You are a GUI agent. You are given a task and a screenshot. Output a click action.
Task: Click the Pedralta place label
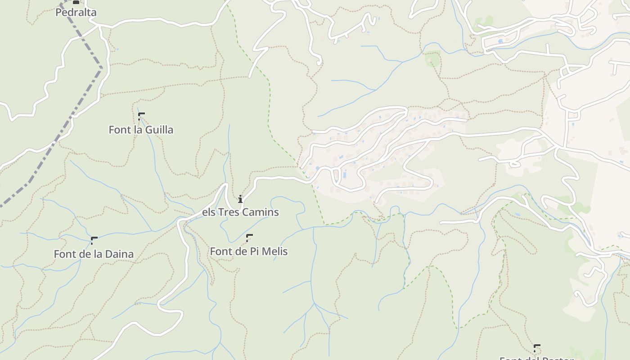[x=76, y=13]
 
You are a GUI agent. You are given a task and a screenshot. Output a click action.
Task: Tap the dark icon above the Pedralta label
[x=76, y=2]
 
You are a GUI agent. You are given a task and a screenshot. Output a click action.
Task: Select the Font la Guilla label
[x=141, y=130]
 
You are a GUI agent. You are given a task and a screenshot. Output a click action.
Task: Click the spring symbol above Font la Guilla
[x=141, y=116]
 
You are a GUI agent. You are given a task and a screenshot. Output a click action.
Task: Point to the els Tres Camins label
[x=240, y=212]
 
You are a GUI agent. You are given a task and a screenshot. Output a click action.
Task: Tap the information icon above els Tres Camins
[x=240, y=199]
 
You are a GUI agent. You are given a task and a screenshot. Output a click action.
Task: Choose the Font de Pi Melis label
[x=248, y=251]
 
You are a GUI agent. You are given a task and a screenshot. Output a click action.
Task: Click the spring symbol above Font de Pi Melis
[x=249, y=237]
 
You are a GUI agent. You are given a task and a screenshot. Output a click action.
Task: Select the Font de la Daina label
[x=94, y=254]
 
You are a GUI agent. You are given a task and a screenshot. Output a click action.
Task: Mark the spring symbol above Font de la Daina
[x=94, y=240]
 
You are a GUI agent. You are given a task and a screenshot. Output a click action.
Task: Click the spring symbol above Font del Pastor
[x=536, y=347]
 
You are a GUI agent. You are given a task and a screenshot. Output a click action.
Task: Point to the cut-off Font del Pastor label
[x=536, y=358]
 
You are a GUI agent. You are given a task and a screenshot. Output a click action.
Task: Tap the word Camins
[x=261, y=212]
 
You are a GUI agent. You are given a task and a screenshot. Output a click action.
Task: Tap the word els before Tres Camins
[x=209, y=212]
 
